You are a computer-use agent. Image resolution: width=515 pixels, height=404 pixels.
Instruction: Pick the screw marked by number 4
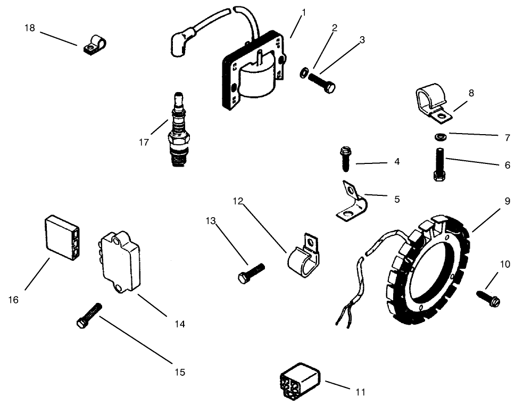(343, 159)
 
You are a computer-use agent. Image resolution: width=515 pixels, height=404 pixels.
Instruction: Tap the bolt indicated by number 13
(248, 274)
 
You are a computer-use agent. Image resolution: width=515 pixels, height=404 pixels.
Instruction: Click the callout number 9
(507, 201)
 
